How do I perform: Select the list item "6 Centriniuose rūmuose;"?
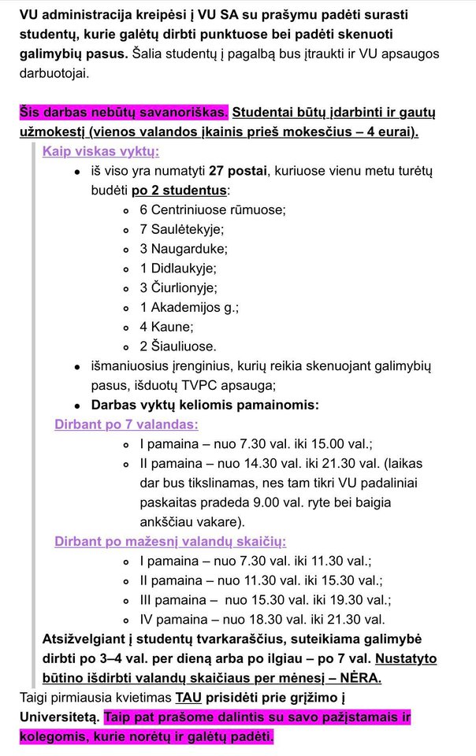click(x=213, y=210)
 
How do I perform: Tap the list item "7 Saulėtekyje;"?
click(x=182, y=229)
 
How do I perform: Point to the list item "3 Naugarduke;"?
click(x=184, y=249)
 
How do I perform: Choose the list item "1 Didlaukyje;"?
click(x=178, y=269)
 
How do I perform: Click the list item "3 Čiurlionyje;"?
click(x=179, y=287)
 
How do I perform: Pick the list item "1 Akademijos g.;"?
click(x=189, y=307)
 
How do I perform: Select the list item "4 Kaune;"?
click(x=166, y=326)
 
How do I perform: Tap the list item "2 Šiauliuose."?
click(x=178, y=346)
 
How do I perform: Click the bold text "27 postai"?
click(x=236, y=172)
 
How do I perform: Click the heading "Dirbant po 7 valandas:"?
click(x=126, y=424)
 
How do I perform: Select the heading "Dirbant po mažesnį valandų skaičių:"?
click(x=170, y=541)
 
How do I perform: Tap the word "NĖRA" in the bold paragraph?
click(x=359, y=677)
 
